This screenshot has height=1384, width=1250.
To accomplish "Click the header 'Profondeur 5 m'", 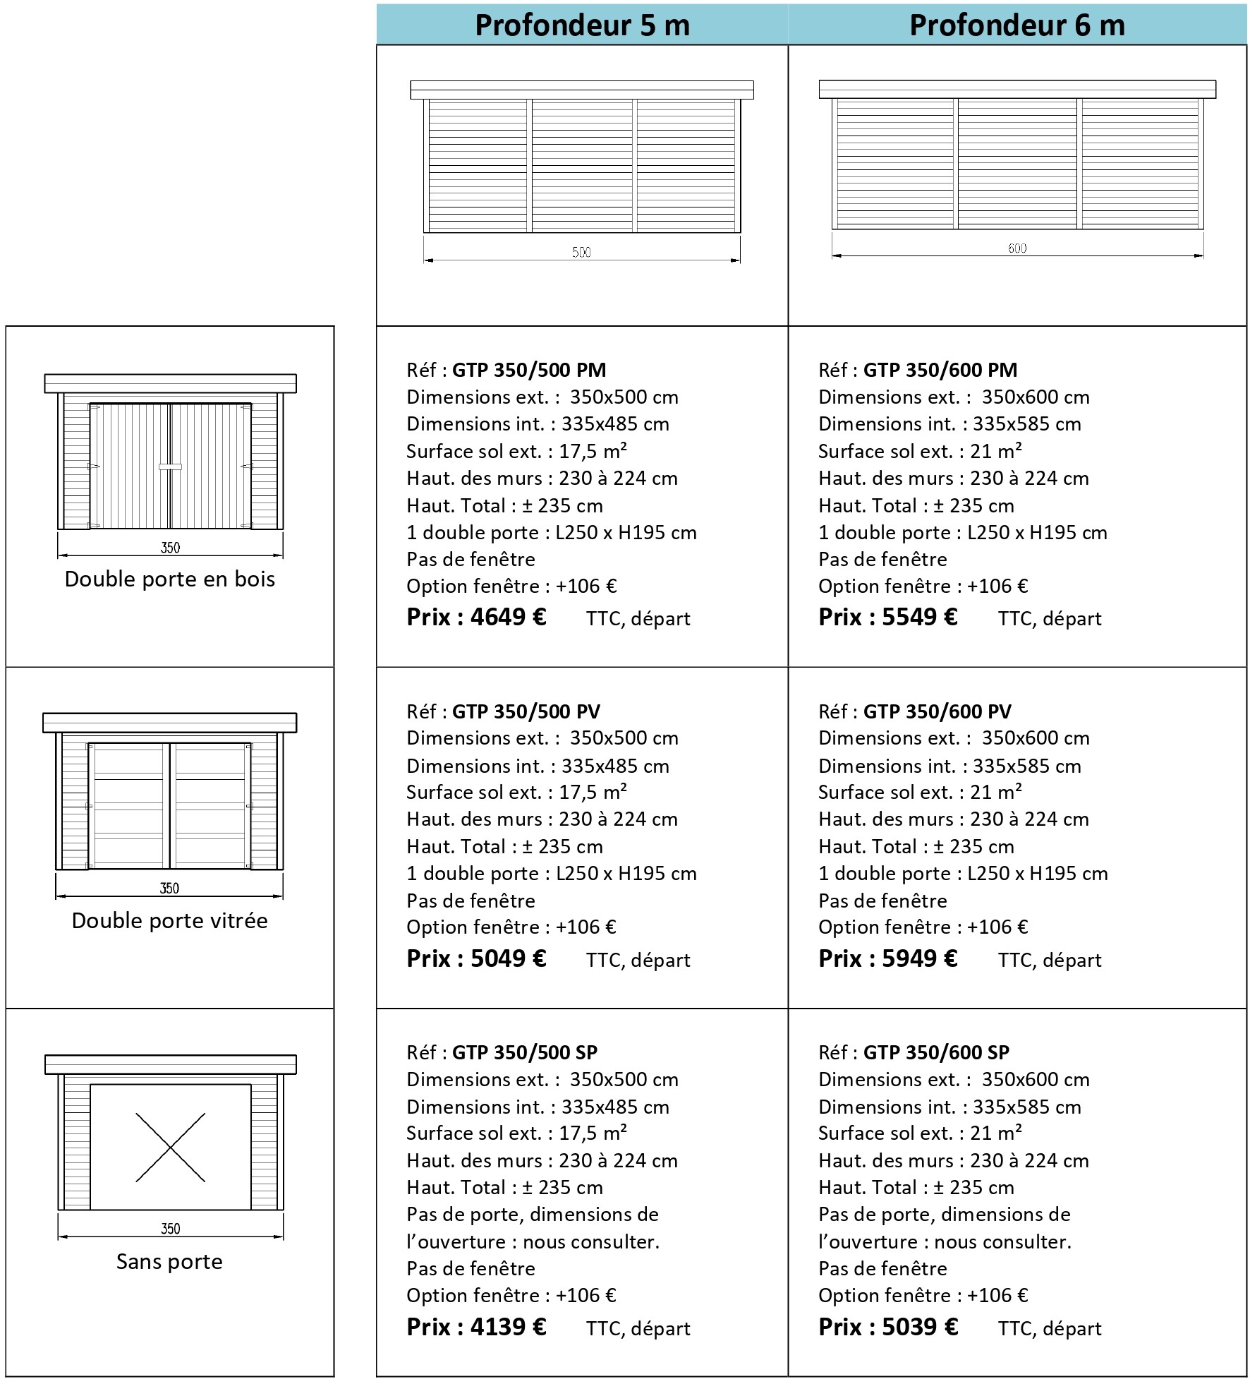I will click(582, 25).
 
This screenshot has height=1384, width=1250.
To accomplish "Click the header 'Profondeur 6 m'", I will click(1017, 25).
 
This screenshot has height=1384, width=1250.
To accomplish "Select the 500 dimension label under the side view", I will click(581, 252).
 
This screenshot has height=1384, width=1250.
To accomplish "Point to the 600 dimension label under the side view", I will click(1017, 248).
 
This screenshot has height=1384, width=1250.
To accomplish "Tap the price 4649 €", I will click(508, 618).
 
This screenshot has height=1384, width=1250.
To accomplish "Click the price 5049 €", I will click(508, 958).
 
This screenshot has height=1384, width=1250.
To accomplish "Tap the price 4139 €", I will click(508, 1327).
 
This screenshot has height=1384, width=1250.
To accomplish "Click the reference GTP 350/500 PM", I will click(529, 370).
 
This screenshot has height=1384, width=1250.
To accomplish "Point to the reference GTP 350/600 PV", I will click(938, 711).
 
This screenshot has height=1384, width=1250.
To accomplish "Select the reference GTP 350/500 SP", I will click(525, 1052).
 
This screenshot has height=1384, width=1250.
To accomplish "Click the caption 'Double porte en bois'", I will click(170, 579).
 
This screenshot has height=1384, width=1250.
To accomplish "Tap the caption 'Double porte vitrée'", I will click(170, 920).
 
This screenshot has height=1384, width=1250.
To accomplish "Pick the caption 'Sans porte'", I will click(170, 1261).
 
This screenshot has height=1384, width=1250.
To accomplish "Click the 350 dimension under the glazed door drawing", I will click(169, 888).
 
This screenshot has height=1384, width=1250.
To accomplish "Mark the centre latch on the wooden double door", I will click(170, 467).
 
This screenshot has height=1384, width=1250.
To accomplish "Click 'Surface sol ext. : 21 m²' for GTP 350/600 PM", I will click(920, 451).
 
